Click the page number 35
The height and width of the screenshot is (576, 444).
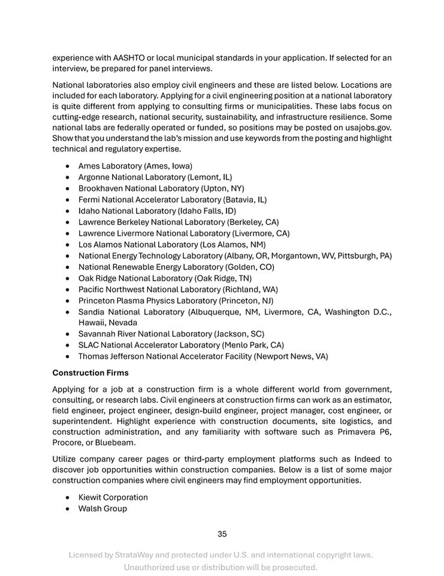pyautogui.click(x=222, y=534)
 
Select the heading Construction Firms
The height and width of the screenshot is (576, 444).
pyautogui.click(x=90, y=373)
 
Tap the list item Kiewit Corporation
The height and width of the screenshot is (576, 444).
pyautogui.click(x=113, y=497)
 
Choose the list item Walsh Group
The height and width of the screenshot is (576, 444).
pyautogui.click(x=102, y=509)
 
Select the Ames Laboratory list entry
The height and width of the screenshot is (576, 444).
pyautogui.click(x=135, y=166)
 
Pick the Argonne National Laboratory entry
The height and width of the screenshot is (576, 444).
pyautogui.click(x=155, y=177)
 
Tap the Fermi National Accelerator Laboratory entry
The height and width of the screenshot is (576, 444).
pyautogui.click(x=172, y=199)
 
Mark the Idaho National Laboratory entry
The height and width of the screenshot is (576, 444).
pyautogui.click(x=157, y=211)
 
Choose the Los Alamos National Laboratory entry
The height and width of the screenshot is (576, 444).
pyautogui.click(x=171, y=244)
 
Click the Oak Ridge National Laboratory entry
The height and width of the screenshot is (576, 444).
pyautogui.click(x=165, y=278)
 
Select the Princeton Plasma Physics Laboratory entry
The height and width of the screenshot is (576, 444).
pyautogui.click(x=176, y=300)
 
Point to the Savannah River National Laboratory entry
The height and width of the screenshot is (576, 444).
pyautogui.click(x=171, y=334)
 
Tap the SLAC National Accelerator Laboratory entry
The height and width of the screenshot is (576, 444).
pyautogui.click(x=181, y=345)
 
